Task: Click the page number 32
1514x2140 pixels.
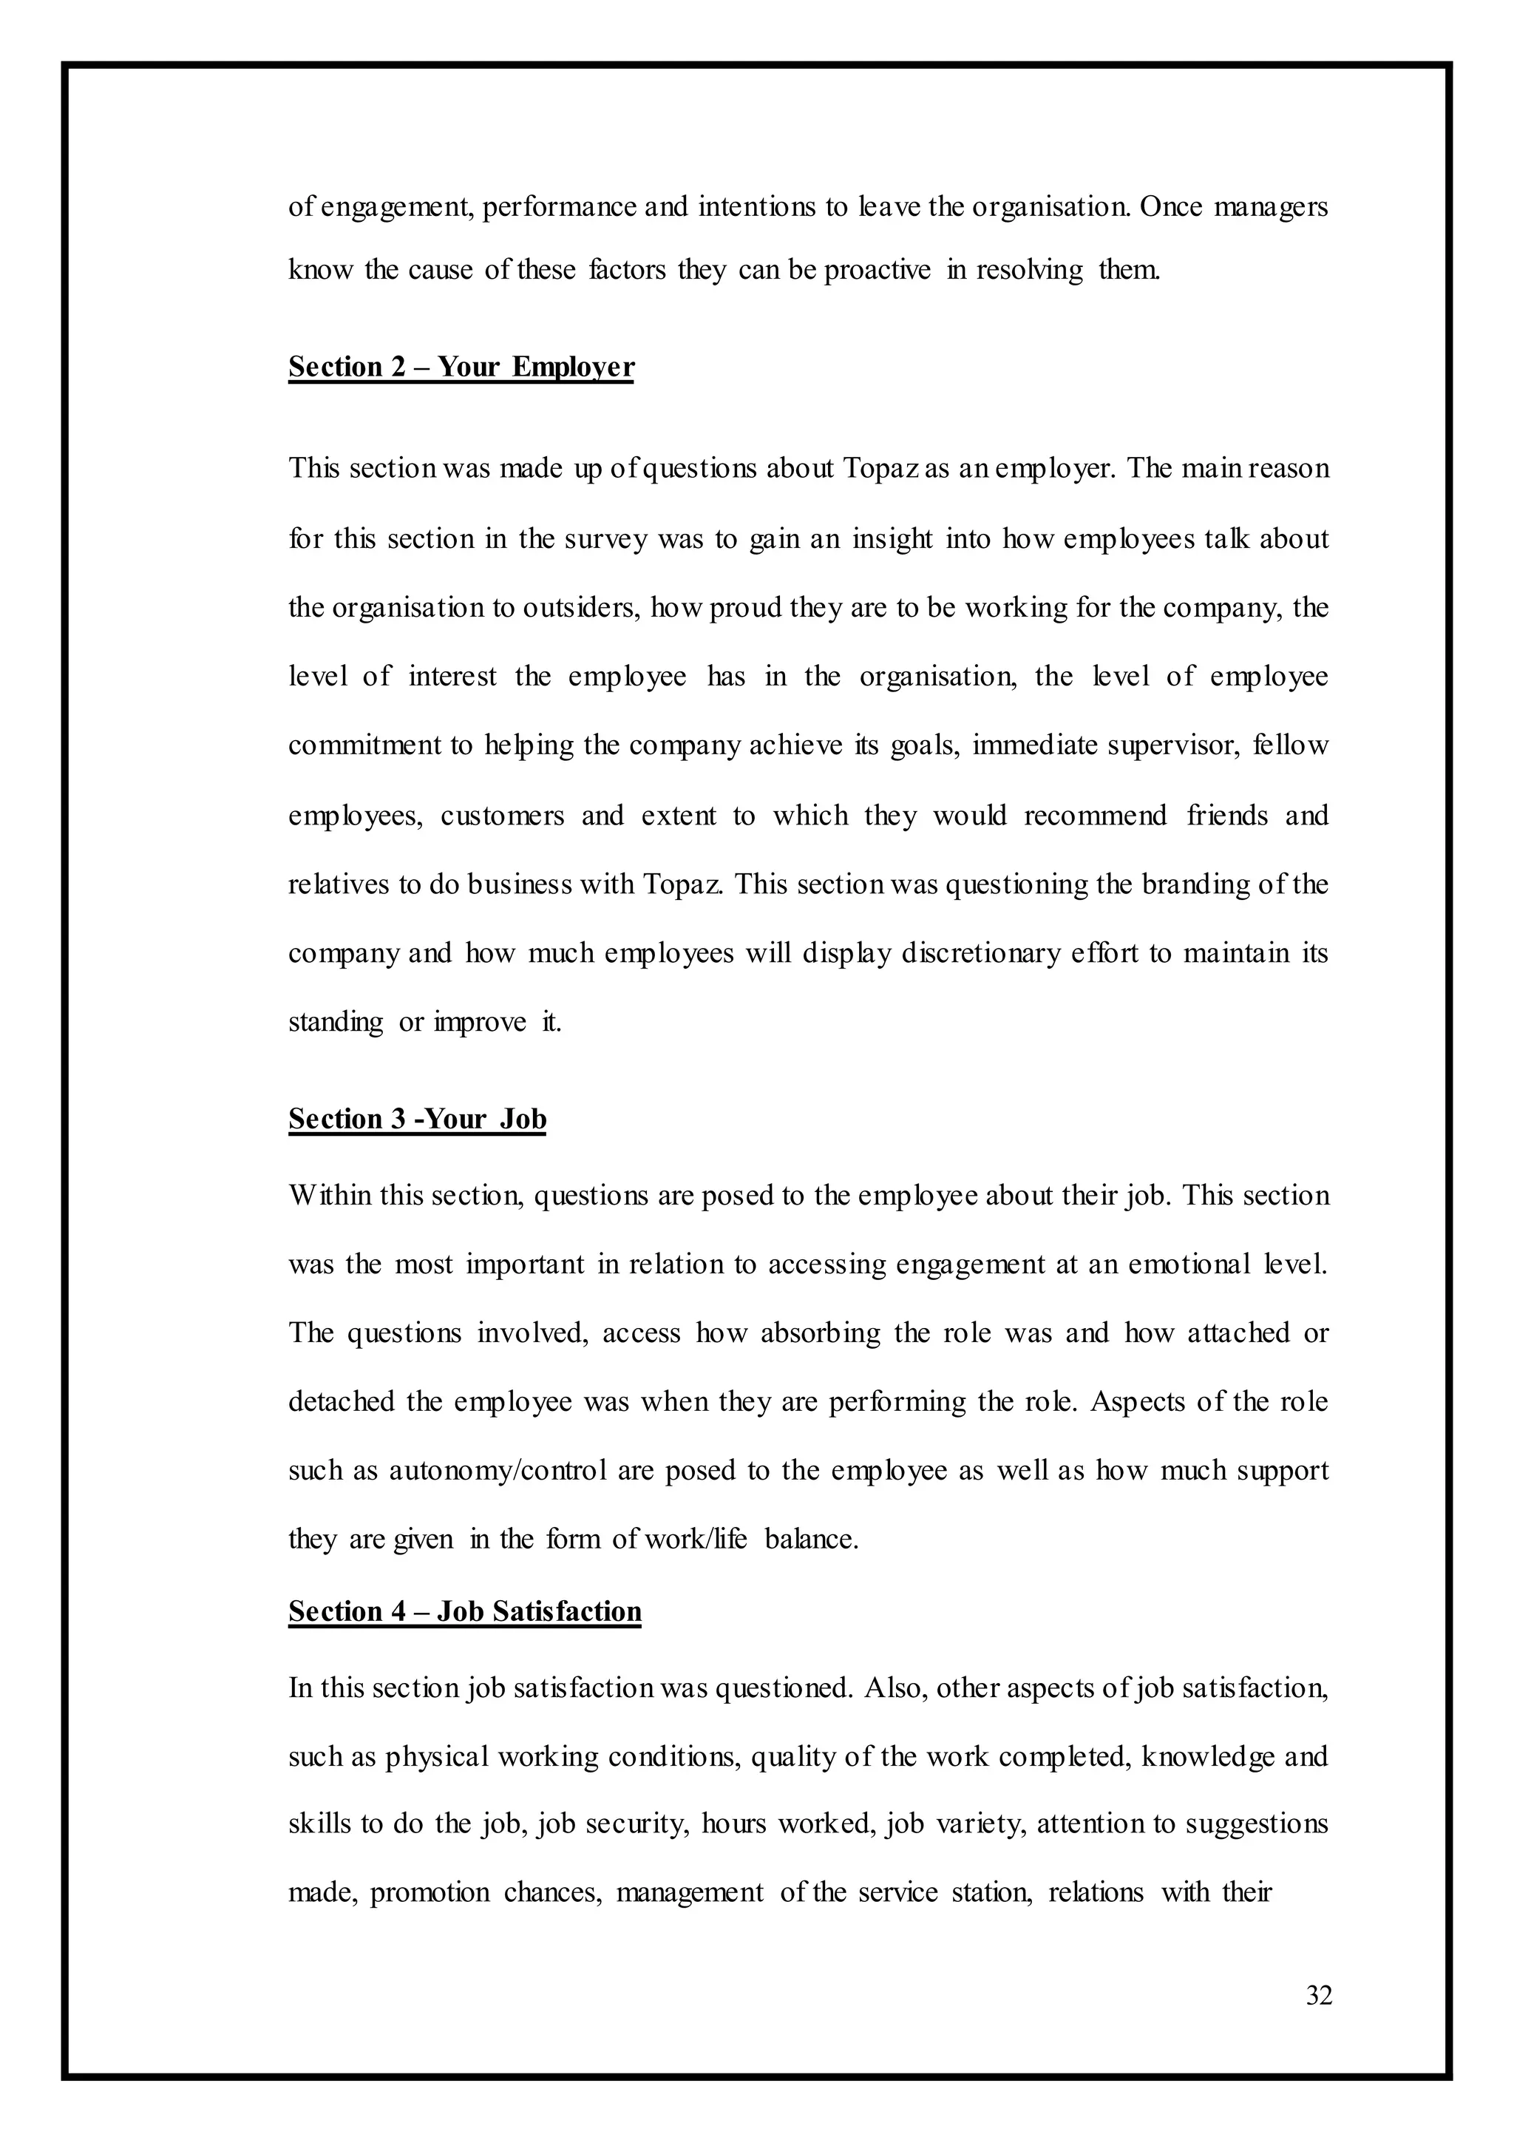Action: [x=1318, y=1996]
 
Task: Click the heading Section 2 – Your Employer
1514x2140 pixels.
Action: [x=461, y=367]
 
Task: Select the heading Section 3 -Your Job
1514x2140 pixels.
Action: [x=417, y=1118]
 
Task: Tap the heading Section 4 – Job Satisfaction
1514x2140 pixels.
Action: [x=464, y=1611]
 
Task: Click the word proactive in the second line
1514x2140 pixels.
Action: [x=877, y=271]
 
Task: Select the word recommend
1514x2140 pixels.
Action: [x=1095, y=816]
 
